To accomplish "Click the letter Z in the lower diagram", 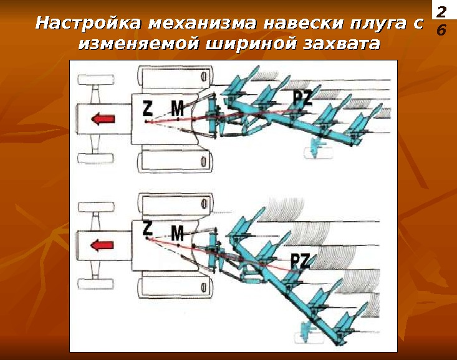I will [147, 228].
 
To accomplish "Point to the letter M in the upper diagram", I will [178, 109].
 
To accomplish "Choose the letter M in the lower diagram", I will [178, 234].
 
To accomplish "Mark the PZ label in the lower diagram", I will [301, 260].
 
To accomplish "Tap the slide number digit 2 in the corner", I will [442, 11].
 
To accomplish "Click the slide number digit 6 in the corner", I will [442, 29].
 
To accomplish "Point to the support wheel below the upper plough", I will [317, 150].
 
